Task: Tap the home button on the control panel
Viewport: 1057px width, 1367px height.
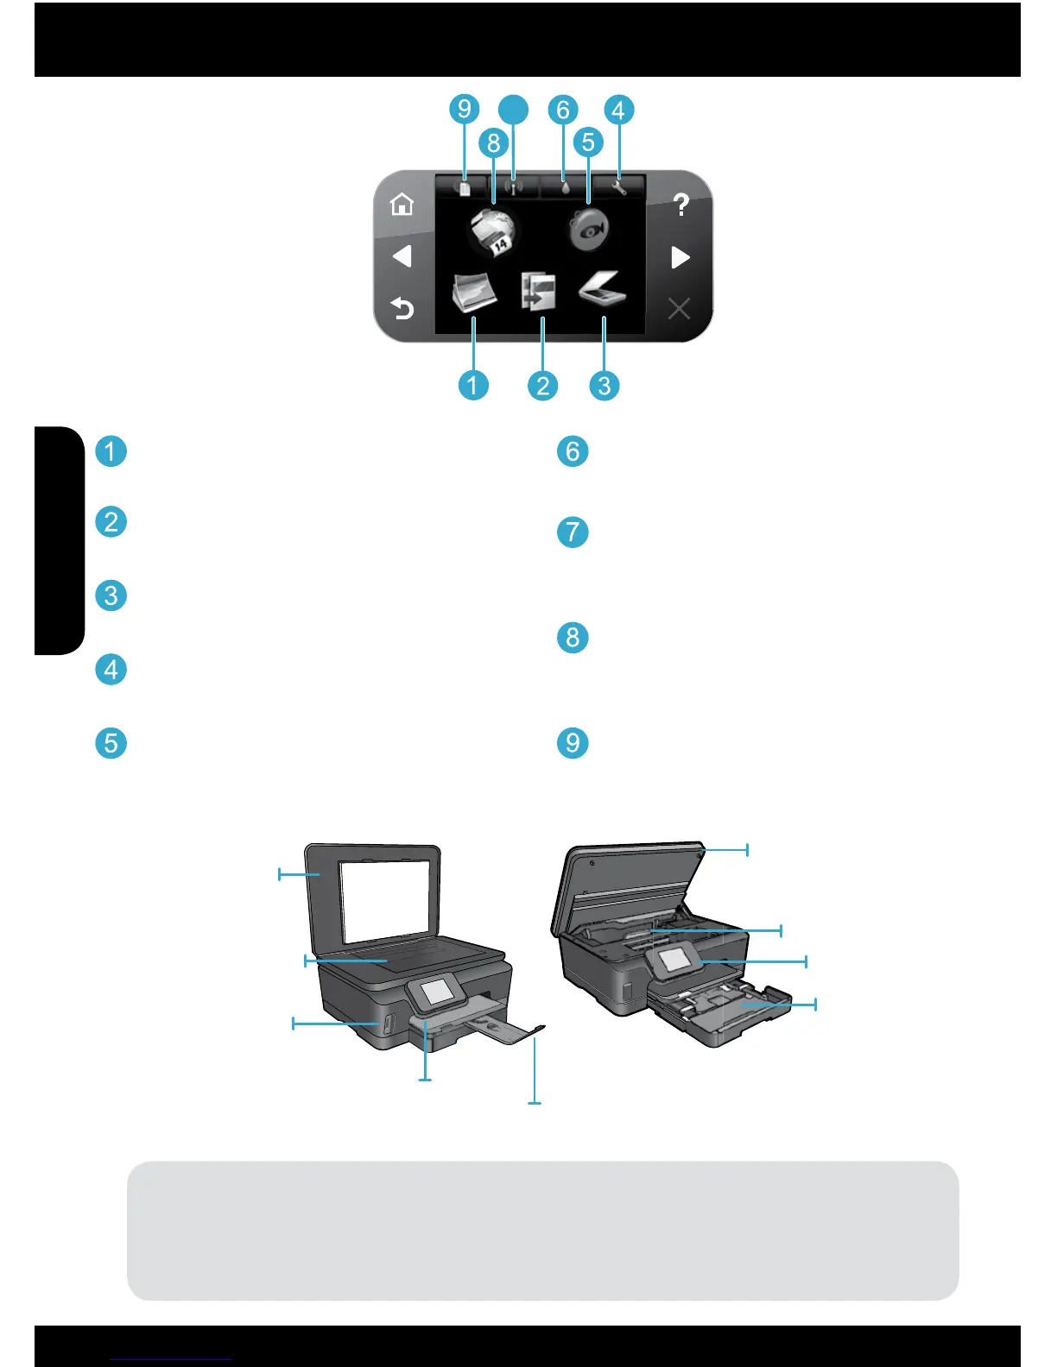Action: (x=402, y=205)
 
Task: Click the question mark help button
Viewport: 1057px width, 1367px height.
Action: (x=681, y=205)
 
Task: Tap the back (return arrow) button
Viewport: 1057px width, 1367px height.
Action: (x=402, y=308)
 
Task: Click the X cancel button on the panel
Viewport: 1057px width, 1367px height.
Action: (x=680, y=308)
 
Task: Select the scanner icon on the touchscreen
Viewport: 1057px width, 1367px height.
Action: (x=602, y=290)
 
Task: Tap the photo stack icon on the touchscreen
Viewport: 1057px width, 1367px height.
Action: (x=474, y=292)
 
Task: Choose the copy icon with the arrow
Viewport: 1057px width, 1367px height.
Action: (x=538, y=292)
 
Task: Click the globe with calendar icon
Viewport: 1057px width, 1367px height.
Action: (x=492, y=231)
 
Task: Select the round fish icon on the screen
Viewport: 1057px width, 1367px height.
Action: (x=589, y=230)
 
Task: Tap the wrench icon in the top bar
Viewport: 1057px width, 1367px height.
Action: (x=618, y=186)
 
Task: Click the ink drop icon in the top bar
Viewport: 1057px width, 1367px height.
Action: (x=565, y=186)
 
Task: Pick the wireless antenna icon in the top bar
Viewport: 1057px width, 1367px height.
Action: (x=513, y=186)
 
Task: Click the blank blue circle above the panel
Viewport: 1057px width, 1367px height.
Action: (x=514, y=110)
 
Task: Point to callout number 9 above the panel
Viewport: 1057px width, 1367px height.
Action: (x=465, y=110)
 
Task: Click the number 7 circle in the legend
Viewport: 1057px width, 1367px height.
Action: (x=573, y=532)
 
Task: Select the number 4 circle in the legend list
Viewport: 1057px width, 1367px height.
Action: (x=111, y=669)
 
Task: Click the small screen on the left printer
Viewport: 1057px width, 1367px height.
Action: (x=437, y=992)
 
